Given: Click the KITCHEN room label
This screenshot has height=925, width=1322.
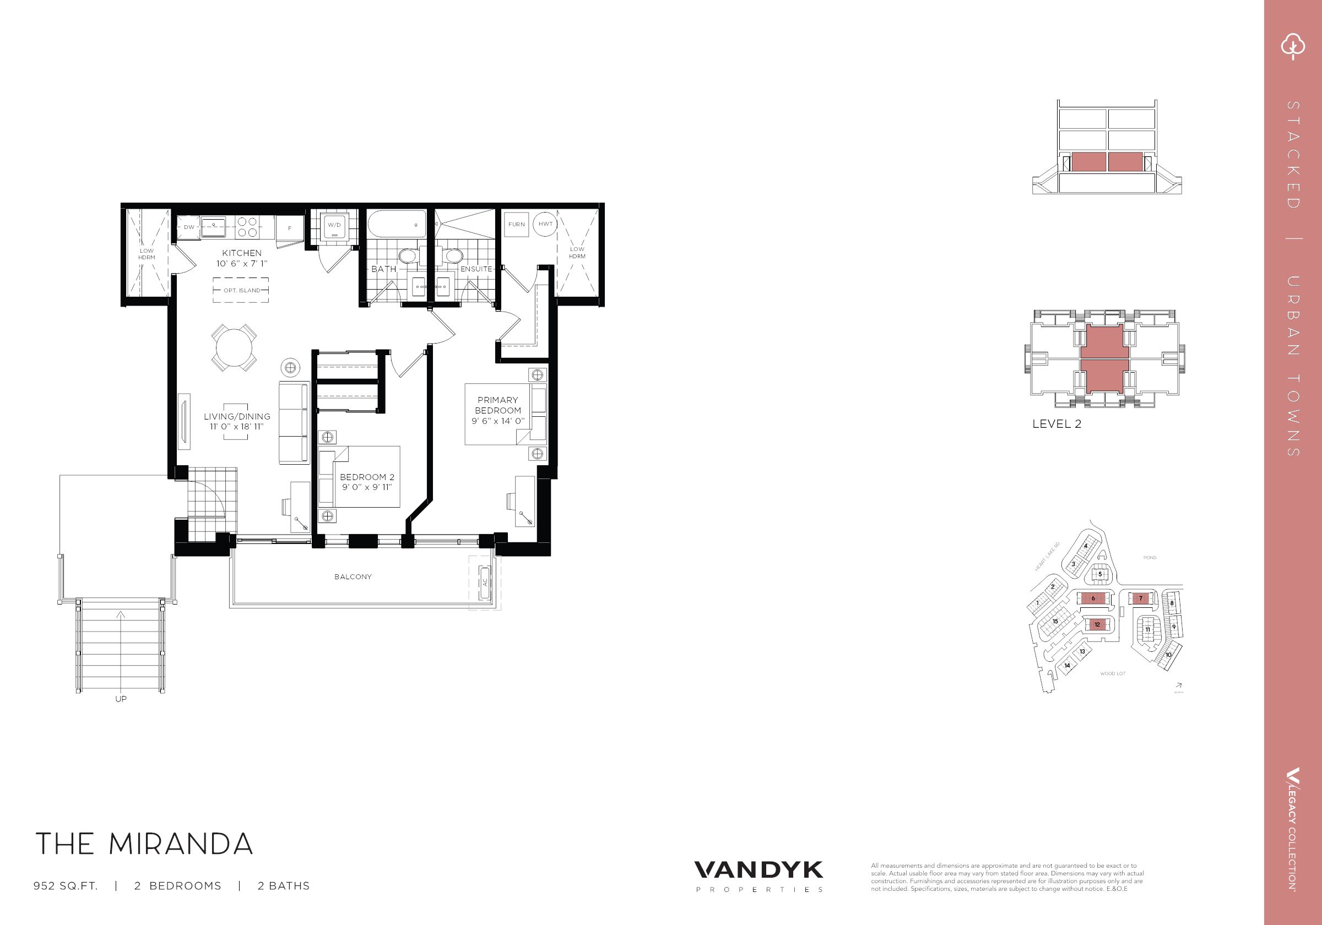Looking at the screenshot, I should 242,253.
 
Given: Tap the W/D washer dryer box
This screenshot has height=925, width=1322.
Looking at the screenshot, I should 334,225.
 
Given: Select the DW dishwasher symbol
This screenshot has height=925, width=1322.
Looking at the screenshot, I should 189,227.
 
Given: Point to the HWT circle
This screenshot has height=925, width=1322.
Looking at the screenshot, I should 545,224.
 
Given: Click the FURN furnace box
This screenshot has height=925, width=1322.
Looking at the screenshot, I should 517,224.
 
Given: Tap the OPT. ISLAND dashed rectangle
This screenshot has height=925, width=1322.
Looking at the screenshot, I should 241,291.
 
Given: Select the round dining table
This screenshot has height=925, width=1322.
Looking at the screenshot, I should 234,347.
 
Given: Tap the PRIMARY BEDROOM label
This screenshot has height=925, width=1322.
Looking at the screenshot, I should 497,405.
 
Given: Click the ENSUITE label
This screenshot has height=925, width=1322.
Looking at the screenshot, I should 476,269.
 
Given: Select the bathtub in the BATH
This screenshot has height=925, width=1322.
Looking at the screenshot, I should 397,226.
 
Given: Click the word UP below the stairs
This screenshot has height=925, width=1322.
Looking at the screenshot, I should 121,699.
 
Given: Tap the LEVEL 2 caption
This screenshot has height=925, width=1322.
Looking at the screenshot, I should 1056,424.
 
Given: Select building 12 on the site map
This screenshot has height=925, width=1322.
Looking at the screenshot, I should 1097,624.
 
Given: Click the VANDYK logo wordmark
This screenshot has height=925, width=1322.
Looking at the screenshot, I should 758,869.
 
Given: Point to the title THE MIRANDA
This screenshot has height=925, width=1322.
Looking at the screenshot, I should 144,844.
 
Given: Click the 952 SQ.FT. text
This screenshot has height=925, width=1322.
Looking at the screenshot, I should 66,886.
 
